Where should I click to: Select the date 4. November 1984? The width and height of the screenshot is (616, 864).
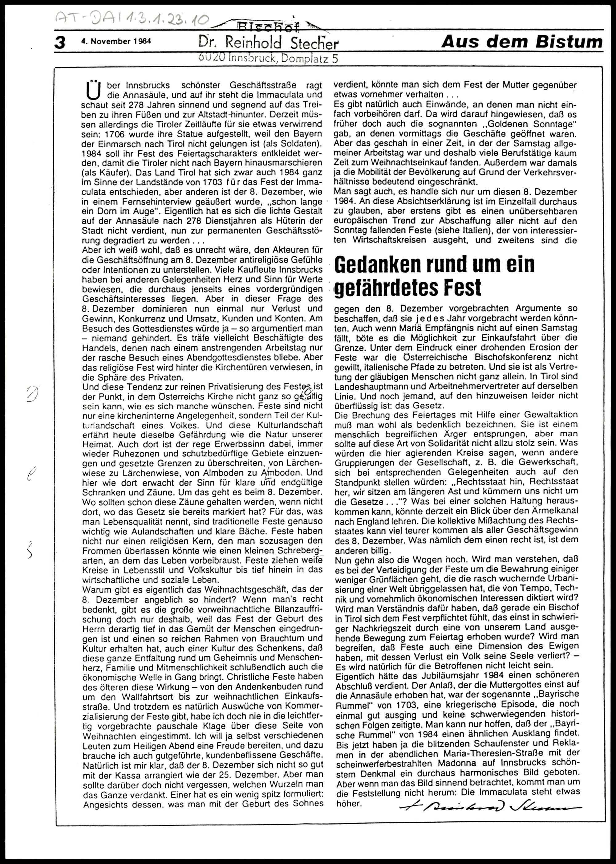(x=116, y=41)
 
